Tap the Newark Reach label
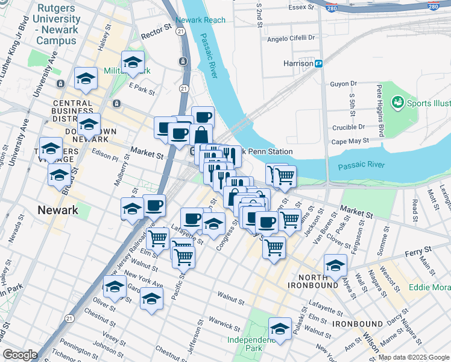(x=201, y=20)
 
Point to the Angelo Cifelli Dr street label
(x=291, y=38)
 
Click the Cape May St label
(x=350, y=142)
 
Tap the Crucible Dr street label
(x=349, y=127)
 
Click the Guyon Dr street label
(x=343, y=84)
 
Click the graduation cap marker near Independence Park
(x=280, y=329)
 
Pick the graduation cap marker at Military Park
(x=133, y=62)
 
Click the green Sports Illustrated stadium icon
(x=397, y=102)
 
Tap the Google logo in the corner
(x=20, y=355)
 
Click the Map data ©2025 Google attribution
(x=414, y=357)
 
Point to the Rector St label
(x=153, y=36)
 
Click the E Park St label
(x=142, y=89)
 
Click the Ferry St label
(x=418, y=250)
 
